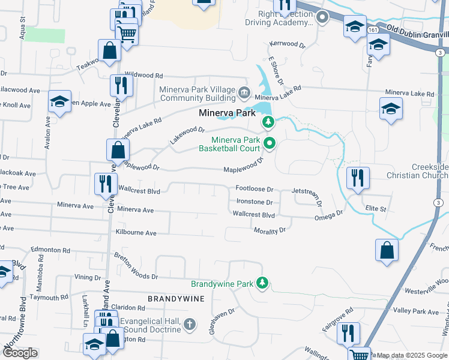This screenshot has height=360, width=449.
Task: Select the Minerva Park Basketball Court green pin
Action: tap(270, 143)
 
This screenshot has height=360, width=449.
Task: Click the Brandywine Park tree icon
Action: tap(262, 282)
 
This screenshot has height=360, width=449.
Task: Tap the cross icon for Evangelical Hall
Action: tap(190, 325)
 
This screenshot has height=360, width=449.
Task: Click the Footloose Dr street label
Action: tap(254, 189)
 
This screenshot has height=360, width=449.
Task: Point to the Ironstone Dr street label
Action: tap(254, 203)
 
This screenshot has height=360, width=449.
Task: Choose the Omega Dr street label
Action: tap(328, 215)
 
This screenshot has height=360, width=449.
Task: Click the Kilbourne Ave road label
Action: tap(136, 233)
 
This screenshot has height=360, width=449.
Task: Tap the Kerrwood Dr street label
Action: tap(288, 44)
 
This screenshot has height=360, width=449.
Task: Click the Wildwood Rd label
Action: tap(143, 76)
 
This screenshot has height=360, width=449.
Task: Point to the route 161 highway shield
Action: tap(373, 29)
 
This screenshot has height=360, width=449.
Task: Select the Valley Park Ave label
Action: tap(416, 311)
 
